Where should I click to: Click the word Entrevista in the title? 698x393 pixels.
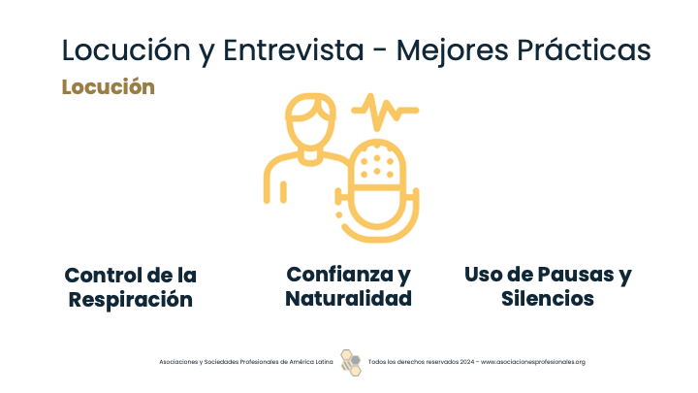(x=294, y=49)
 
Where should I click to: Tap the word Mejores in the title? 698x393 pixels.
(x=453, y=50)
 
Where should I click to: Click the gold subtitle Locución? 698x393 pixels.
(x=109, y=87)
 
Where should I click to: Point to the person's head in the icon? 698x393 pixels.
(x=310, y=121)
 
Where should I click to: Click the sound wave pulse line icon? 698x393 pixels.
(x=385, y=112)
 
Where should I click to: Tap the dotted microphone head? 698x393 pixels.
(x=377, y=165)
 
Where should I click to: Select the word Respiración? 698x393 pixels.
(x=131, y=299)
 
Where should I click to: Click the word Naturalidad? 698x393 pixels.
(x=349, y=299)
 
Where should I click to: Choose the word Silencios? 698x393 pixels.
(x=548, y=299)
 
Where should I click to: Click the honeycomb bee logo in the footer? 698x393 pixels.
(x=351, y=362)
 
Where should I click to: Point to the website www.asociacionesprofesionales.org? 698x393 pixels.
(x=533, y=362)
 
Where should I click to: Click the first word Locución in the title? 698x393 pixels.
(x=126, y=49)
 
